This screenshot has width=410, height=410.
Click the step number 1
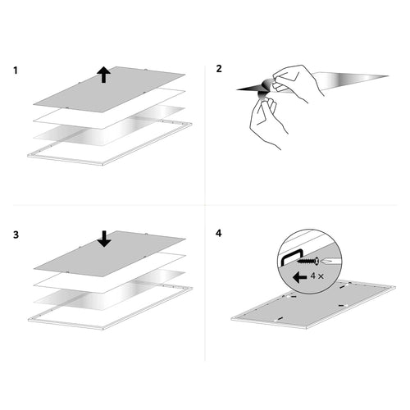[16, 71]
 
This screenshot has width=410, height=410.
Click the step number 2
[219, 69]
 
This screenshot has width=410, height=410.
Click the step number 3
[16, 235]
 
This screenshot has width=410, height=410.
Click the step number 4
[219, 233]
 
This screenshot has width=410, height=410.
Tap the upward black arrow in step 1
[103, 75]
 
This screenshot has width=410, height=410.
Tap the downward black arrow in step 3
[104, 239]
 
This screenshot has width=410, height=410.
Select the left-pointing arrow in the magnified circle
[299, 278]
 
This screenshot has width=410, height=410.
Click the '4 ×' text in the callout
[317, 276]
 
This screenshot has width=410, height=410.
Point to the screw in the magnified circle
[308, 261]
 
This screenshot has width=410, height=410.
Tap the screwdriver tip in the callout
[330, 262]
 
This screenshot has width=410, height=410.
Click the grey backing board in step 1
[109, 89]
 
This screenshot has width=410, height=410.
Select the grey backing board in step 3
[109, 253]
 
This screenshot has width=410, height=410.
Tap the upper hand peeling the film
[298, 82]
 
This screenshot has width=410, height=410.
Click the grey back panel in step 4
[313, 306]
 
